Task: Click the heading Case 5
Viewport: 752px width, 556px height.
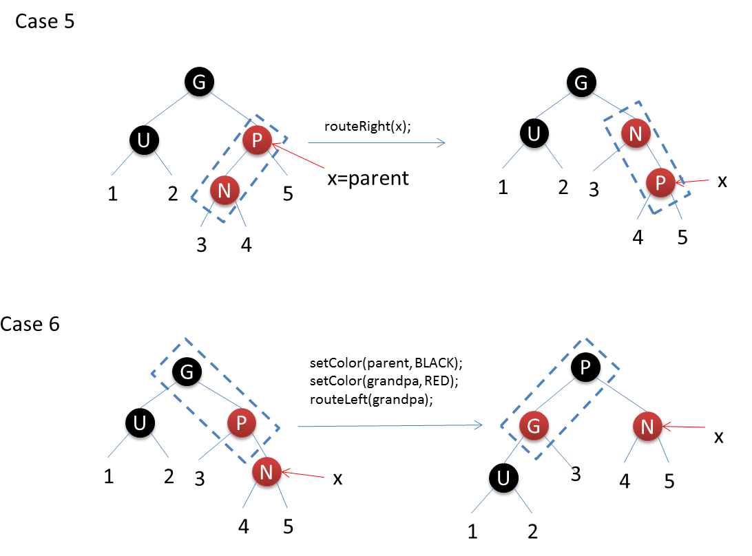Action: (45, 21)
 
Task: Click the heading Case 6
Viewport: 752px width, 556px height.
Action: (30, 323)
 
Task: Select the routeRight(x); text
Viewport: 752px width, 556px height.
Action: (367, 127)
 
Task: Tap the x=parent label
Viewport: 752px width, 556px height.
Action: (368, 178)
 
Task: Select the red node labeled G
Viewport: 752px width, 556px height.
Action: (534, 426)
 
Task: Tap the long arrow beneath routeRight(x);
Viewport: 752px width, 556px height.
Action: (376, 143)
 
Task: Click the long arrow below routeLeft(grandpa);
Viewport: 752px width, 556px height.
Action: (390, 426)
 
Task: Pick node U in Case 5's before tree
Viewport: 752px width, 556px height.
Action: (145, 141)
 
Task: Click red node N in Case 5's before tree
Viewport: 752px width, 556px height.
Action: (224, 190)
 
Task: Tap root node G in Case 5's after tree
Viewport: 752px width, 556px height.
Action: (581, 83)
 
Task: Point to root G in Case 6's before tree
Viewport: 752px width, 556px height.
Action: (187, 372)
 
